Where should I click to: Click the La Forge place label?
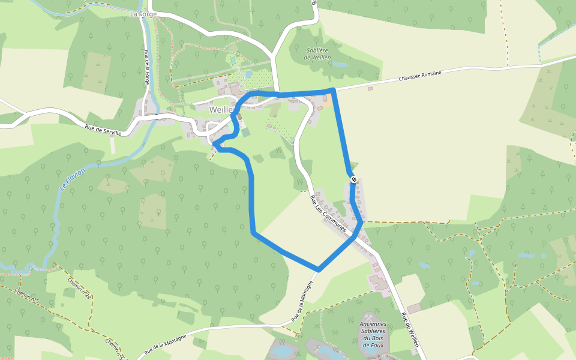point(143,13)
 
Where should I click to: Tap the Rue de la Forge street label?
point(146,67)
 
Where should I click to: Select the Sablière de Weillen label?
point(317,53)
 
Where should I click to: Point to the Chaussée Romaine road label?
point(420,77)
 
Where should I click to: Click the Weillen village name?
point(221,110)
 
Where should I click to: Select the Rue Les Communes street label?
point(329,214)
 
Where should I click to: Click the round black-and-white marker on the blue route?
point(354,179)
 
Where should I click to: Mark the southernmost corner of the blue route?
point(319,269)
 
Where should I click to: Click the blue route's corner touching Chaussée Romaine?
point(332,90)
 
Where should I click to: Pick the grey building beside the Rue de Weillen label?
point(414,308)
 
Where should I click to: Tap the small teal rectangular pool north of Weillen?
point(232,61)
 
